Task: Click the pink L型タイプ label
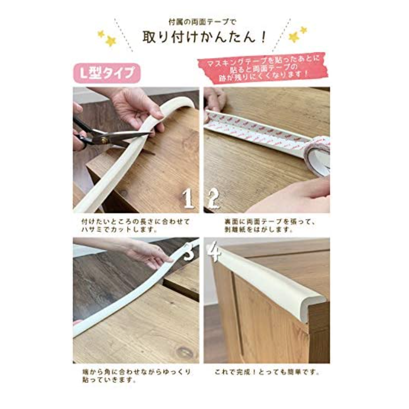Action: click(x=107, y=73)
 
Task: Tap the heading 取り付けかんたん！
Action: click(x=205, y=37)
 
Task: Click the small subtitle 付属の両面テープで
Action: click(x=202, y=22)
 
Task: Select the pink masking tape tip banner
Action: click(x=263, y=69)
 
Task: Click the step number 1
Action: click(x=188, y=198)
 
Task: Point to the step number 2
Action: click(x=213, y=198)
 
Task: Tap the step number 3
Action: click(x=190, y=251)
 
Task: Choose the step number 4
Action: click(x=214, y=251)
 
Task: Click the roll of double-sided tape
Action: click(x=317, y=156)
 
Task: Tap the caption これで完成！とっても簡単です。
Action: click(x=267, y=372)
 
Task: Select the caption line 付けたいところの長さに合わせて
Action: click(x=136, y=222)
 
